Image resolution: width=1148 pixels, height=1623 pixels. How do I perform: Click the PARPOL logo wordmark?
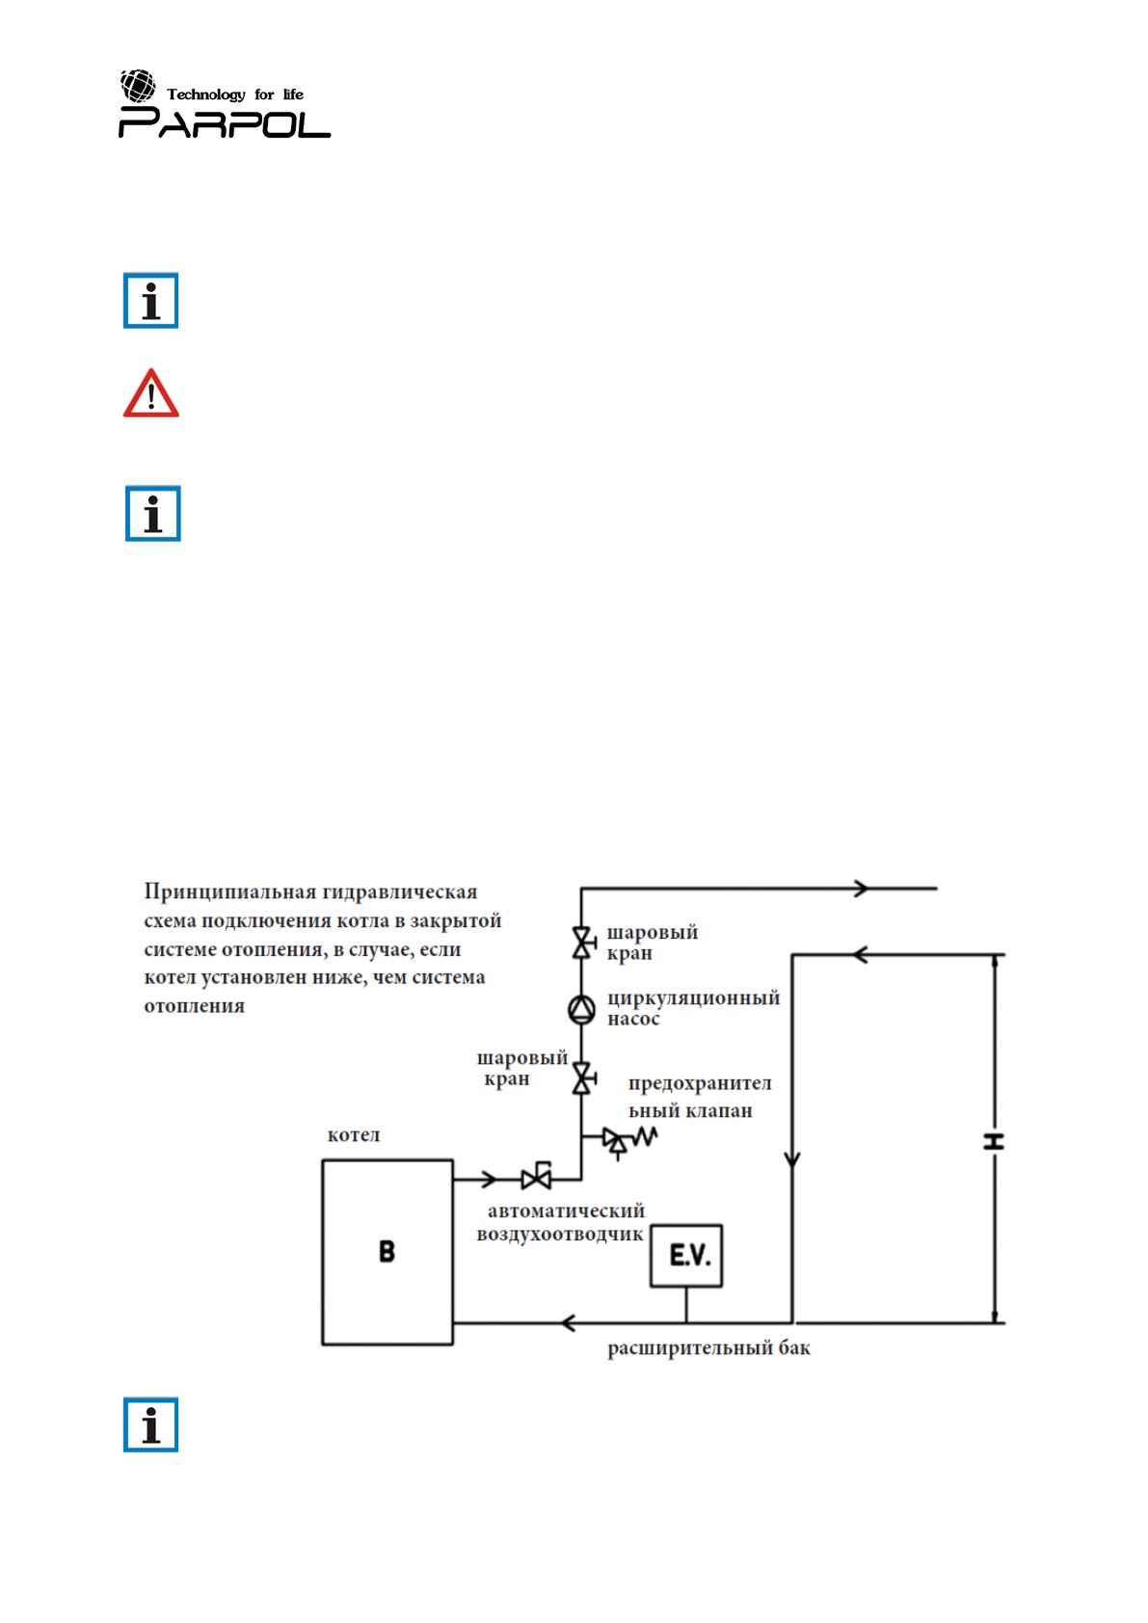tap(224, 123)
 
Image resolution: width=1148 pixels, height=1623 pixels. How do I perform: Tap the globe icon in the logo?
tap(138, 86)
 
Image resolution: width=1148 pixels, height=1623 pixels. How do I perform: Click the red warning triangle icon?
tap(151, 394)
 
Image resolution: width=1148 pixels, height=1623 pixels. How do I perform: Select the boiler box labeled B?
tap(387, 1251)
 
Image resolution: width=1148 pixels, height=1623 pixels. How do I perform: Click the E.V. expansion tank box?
tap(686, 1255)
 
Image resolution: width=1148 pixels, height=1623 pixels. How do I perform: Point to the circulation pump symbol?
tap(581, 1009)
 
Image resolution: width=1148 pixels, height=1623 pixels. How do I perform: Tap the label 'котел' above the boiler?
tap(354, 1134)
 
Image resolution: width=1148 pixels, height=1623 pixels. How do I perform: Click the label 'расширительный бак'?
tap(708, 1347)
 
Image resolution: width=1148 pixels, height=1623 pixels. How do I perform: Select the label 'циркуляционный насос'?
tap(692, 1007)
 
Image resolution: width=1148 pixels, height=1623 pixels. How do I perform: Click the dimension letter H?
tap(994, 1141)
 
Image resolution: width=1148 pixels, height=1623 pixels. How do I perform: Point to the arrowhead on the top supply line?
tap(861, 889)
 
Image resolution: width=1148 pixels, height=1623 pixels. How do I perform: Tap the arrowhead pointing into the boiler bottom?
tap(569, 1322)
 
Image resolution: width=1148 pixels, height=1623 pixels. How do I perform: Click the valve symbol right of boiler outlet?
tap(537, 1177)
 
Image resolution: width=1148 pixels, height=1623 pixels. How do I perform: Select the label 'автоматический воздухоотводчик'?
tap(562, 1222)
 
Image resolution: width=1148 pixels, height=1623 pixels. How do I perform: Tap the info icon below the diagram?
tap(151, 1423)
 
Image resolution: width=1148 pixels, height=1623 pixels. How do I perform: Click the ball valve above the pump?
tap(581, 943)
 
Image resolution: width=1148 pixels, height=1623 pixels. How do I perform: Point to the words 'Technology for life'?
tap(235, 94)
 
